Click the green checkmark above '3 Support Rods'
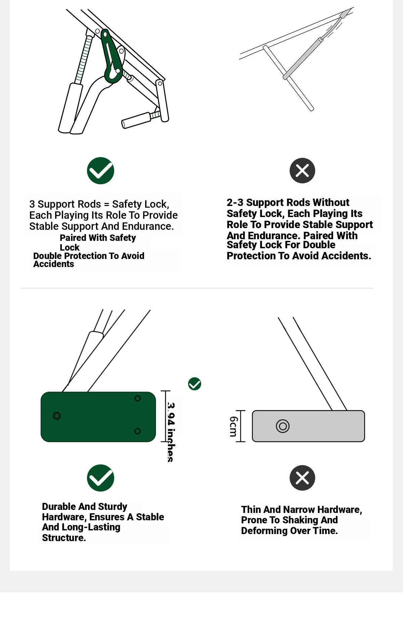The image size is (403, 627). click(x=100, y=170)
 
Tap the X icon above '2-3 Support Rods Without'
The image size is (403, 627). click(x=302, y=170)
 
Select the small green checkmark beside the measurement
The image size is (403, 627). click(x=194, y=384)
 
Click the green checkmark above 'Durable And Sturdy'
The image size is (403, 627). click(x=100, y=478)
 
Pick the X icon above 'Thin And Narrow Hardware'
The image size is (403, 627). click(x=302, y=478)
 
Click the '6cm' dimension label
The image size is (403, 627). click(x=233, y=426)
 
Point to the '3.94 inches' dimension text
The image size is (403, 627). click(x=171, y=432)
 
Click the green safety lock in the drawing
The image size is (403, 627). click(x=112, y=57)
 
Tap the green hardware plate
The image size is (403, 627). click(x=98, y=417)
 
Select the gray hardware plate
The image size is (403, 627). click(x=308, y=426)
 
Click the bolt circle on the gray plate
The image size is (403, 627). click(x=283, y=426)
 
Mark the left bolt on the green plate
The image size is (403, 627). click(x=57, y=416)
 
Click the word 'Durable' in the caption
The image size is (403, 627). click(x=59, y=506)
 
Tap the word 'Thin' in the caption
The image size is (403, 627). click(x=251, y=509)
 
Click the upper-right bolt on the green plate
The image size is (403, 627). click(x=137, y=398)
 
